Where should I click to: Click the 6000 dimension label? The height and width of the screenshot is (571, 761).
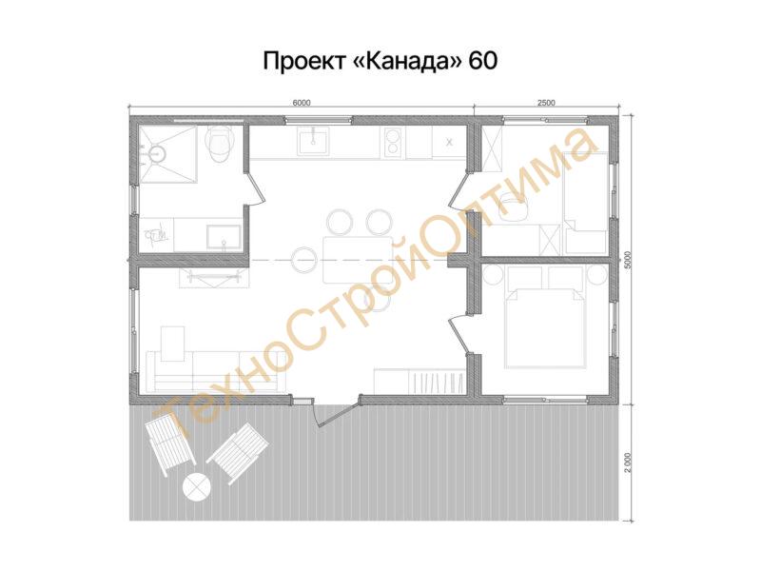pos(302,103)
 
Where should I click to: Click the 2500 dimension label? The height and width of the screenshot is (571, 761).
pos(546,103)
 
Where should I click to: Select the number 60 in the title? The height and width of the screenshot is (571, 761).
pos(483,61)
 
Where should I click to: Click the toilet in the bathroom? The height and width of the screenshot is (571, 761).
pos(220,144)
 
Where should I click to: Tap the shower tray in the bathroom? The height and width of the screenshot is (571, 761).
pos(168,154)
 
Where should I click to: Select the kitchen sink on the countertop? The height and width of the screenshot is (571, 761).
pos(314,141)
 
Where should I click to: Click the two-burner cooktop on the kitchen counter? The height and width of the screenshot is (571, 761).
pos(394,142)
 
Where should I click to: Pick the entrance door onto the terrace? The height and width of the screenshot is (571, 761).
pos(337,411)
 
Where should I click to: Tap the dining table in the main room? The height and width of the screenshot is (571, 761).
pos(359,260)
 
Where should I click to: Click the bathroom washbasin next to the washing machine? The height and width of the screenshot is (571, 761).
pos(224,237)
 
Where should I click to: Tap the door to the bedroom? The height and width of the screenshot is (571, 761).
pos(461,334)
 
